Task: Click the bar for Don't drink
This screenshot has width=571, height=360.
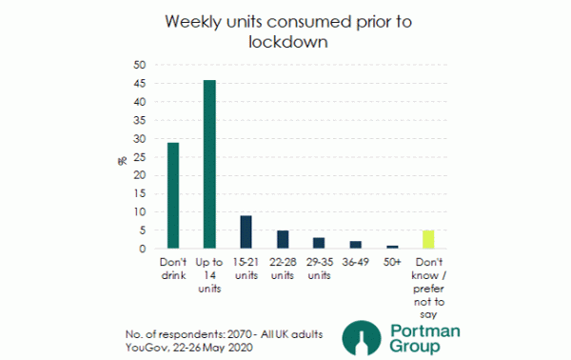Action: coord(173,195)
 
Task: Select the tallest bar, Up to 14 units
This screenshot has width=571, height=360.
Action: coord(209,164)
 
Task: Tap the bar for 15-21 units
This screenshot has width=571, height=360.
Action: coord(246,231)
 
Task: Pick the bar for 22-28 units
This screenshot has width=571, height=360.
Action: coord(282,239)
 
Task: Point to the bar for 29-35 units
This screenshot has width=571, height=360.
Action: coord(319,243)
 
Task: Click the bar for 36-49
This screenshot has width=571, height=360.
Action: coord(355,245)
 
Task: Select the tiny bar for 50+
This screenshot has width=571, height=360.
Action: coord(391,247)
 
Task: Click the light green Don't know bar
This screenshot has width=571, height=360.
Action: coord(427,239)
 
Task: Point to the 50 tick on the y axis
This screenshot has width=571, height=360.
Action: coord(140,65)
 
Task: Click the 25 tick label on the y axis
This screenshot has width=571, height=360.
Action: coord(140,157)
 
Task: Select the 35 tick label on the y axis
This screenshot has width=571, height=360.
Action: coord(140,120)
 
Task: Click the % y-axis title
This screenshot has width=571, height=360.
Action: coord(122,158)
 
